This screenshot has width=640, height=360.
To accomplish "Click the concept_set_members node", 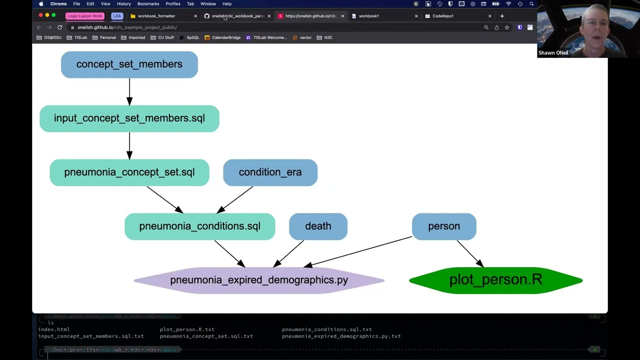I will tap(129, 64).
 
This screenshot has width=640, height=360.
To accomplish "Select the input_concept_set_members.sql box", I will tap(129, 118).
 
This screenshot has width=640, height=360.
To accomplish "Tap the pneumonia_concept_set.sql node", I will tap(129, 172).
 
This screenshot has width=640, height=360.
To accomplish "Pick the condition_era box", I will tap(270, 172).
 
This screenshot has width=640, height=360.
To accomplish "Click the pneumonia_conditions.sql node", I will tap(199, 226).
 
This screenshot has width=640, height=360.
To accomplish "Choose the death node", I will tap(318, 226).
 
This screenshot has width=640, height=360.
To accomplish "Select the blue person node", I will tap(444, 226).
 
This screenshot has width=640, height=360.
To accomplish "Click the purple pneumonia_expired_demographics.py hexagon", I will tap(258, 280).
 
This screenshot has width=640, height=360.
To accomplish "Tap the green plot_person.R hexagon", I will tap(495, 280).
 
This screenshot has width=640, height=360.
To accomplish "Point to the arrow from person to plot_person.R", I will tap(469, 253).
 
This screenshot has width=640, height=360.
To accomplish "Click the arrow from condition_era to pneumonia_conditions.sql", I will tap(236, 199).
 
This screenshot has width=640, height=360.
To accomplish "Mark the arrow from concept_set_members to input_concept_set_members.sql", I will tap(129, 91).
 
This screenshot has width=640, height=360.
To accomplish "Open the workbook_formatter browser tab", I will tap(156, 16).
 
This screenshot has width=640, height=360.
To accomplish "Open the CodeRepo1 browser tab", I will tap(443, 16).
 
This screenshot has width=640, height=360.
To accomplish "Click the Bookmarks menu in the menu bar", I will tap(148, 4).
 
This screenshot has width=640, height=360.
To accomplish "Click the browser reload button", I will tap(59, 27).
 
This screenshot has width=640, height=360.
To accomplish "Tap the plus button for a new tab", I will tap(502, 16).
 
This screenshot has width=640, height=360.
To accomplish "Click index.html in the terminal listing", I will tap(54, 329).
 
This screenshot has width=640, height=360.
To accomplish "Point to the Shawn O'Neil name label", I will tap(553, 53).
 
